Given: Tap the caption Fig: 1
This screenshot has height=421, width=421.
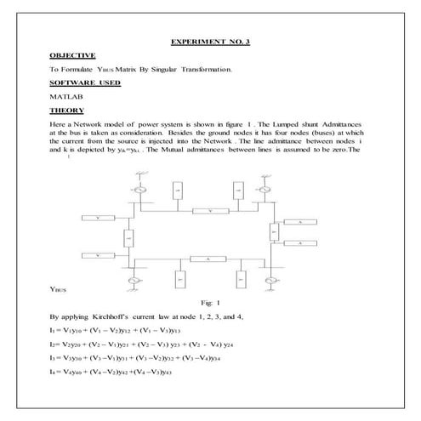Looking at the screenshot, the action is (211, 302).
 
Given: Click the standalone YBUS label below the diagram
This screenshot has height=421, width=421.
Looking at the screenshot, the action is (58, 290).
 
